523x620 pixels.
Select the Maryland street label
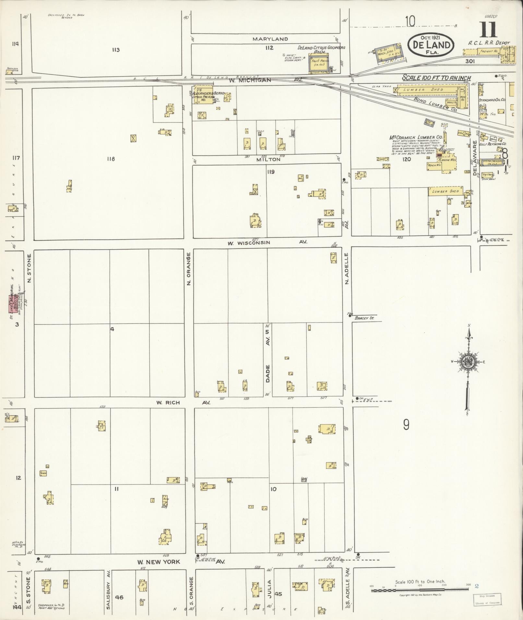(270, 39)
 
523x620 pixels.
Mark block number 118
(111, 159)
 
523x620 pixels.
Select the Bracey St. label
(364, 318)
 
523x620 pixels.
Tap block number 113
(116, 50)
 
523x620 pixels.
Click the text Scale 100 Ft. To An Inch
(436, 78)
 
